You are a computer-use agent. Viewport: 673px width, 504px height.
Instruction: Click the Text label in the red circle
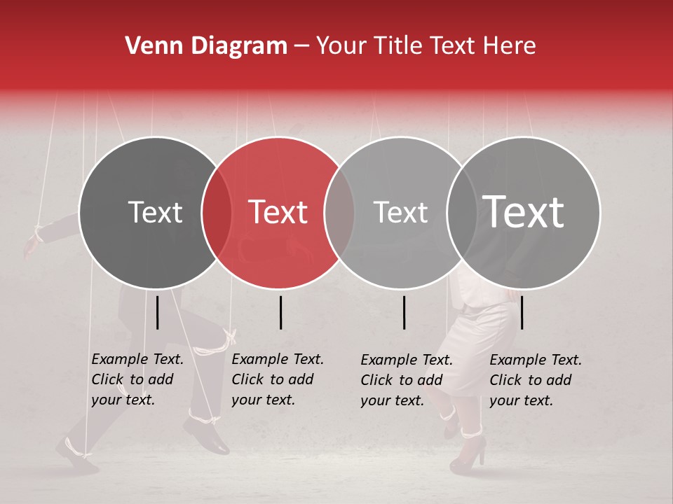(278, 212)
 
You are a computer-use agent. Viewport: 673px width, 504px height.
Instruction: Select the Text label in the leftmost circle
(156, 212)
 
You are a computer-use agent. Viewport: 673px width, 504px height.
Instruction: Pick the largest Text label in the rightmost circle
(524, 212)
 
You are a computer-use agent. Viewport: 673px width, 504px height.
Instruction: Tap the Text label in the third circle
(401, 212)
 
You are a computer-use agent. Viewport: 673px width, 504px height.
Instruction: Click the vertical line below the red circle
(280, 312)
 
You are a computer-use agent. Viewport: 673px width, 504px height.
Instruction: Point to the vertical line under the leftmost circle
(158, 312)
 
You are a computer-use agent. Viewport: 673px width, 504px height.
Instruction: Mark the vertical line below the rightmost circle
(522, 312)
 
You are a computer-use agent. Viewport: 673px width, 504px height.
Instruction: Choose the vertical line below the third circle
(405, 312)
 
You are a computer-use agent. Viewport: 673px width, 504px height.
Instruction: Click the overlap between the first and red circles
(217, 212)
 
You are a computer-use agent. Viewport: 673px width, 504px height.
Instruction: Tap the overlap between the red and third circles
(339, 212)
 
